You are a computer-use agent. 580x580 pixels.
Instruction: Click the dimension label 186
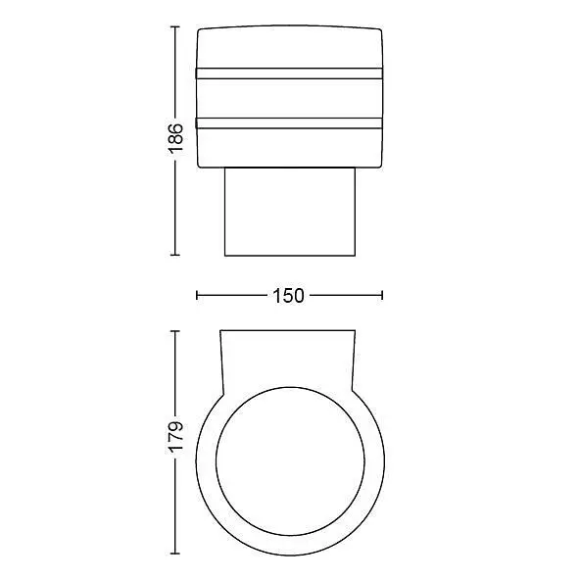tap(175, 138)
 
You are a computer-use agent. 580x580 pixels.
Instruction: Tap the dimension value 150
tap(288, 296)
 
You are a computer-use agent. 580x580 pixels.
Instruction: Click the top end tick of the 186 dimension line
tap(175, 27)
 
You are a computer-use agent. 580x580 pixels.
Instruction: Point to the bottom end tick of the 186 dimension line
tap(175, 255)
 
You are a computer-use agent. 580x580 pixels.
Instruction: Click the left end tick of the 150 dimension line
tap(197, 295)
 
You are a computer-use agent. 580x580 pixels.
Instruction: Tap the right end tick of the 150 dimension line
tap(382, 295)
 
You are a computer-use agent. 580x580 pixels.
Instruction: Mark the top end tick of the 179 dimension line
tap(175, 331)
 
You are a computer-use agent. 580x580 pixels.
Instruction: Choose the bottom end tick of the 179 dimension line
tap(175, 554)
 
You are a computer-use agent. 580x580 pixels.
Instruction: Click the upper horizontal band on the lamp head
tap(289, 73)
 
